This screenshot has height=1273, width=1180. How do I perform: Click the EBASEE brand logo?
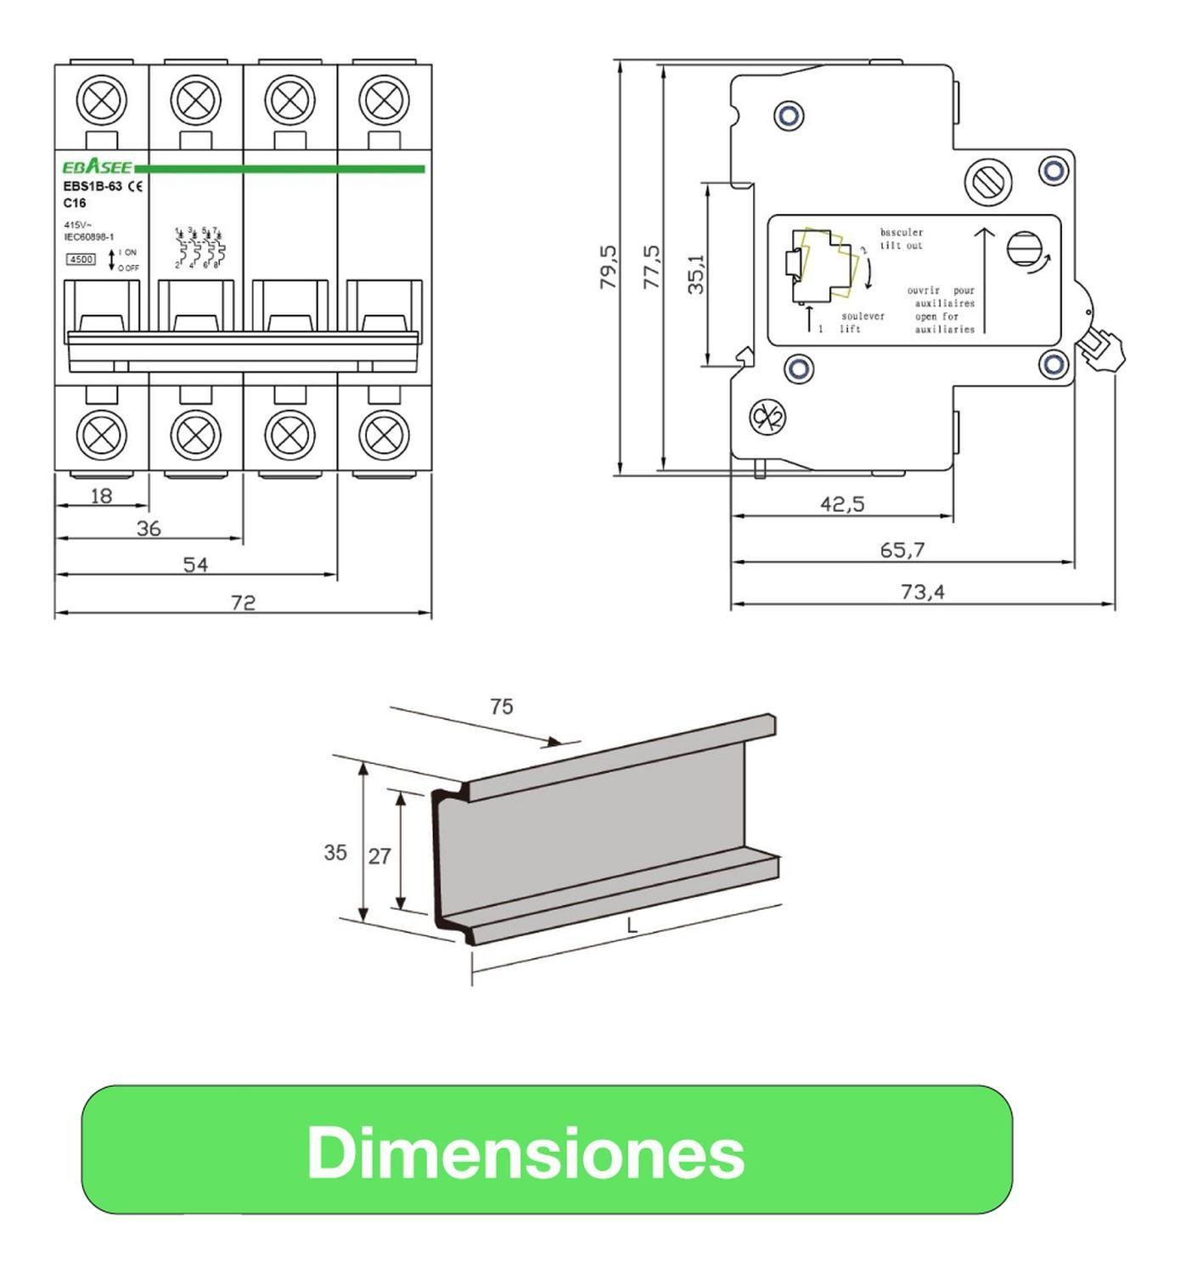pyautogui.click(x=98, y=167)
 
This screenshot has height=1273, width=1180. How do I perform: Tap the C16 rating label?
pyautogui.click(x=75, y=204)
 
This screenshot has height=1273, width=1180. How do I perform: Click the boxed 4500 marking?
pyautogui.click(x=81, y=260)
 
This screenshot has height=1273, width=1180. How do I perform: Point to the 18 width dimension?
pyautogui.click(x=101, y=496)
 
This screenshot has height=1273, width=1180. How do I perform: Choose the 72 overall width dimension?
pyautogui.click(x=243, y=603)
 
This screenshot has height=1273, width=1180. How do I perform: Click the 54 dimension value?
pyautogui.click(x=195, y=564)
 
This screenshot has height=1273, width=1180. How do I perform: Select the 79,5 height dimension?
pyautogui.click(x=608, y=267)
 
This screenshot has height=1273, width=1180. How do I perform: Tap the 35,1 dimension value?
pyautogui.click(x=696, y=274)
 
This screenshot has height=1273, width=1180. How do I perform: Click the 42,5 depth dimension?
pyautogui.click(x=842, y=504)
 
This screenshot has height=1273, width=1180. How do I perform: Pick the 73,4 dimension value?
pyautogui.click(x=922, y=592)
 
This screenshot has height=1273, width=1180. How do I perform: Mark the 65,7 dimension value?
pyautogui.click(x=902, y=550)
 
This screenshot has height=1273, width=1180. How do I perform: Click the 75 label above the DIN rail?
pyautogui.click(x=501, y=706)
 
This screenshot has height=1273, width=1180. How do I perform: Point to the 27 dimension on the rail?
pyautogui.click(x=379, y=856)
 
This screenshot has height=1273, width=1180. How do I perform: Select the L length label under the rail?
pyautogui.click(x=632, y=927)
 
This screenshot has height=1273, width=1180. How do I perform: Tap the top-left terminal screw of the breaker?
pyautogui.click(x=102, y=101)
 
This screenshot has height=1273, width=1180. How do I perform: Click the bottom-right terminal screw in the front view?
pyautogui.click(x=384, y=435)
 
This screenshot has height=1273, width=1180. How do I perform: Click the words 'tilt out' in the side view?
pyautogui.click(x=901, y=246)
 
